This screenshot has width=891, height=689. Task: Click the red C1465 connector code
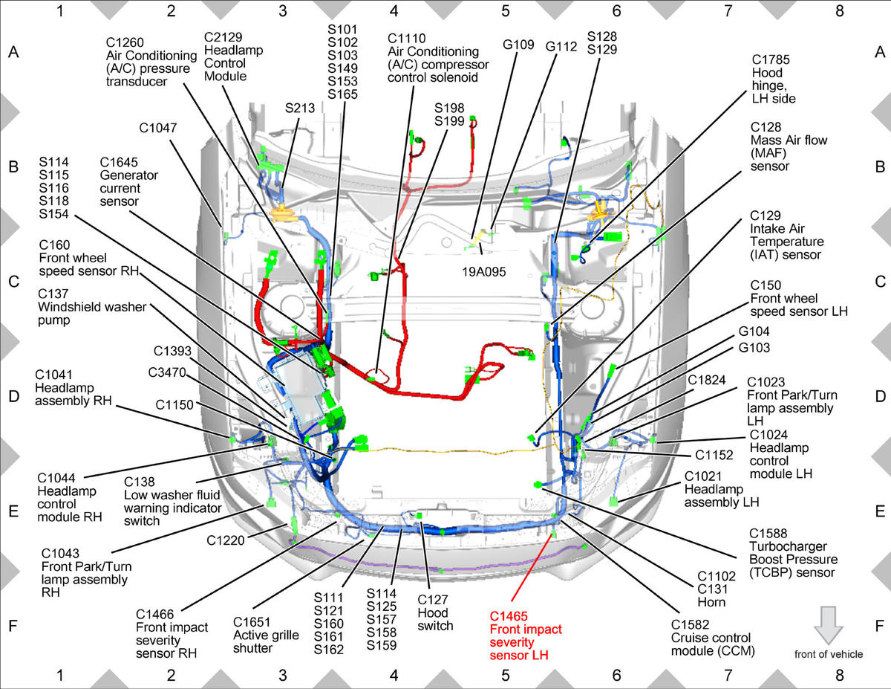tap(509, 616)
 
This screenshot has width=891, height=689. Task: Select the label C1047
tap(158, 128)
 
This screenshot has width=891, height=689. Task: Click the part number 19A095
tap(484, 271)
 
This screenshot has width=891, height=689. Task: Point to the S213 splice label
tap(300, 108)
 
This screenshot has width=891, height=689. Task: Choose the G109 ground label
tap(518, 45)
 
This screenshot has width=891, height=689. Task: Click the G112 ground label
tap(561, 47)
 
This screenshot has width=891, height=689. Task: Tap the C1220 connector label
tap(226, 540)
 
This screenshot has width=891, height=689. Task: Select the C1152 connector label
tap(714, 455)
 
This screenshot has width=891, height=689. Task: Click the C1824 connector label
tap(706, 380)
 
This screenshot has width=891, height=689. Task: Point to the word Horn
tap(711, 602)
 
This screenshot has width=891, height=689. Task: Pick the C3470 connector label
tap(167, 372)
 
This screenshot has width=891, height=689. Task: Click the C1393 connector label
tap(172, 351)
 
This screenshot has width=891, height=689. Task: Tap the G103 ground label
tap(754, 348)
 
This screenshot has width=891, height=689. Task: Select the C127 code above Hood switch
tap(433, 600)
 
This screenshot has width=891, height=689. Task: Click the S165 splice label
tap(342, 94)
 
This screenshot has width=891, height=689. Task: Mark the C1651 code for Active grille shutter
tap(252, 622)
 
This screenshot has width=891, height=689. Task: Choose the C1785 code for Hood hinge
tap(771, 59)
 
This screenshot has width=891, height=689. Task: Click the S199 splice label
tap(449, 121)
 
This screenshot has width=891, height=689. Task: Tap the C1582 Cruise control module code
tap(690, 624)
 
